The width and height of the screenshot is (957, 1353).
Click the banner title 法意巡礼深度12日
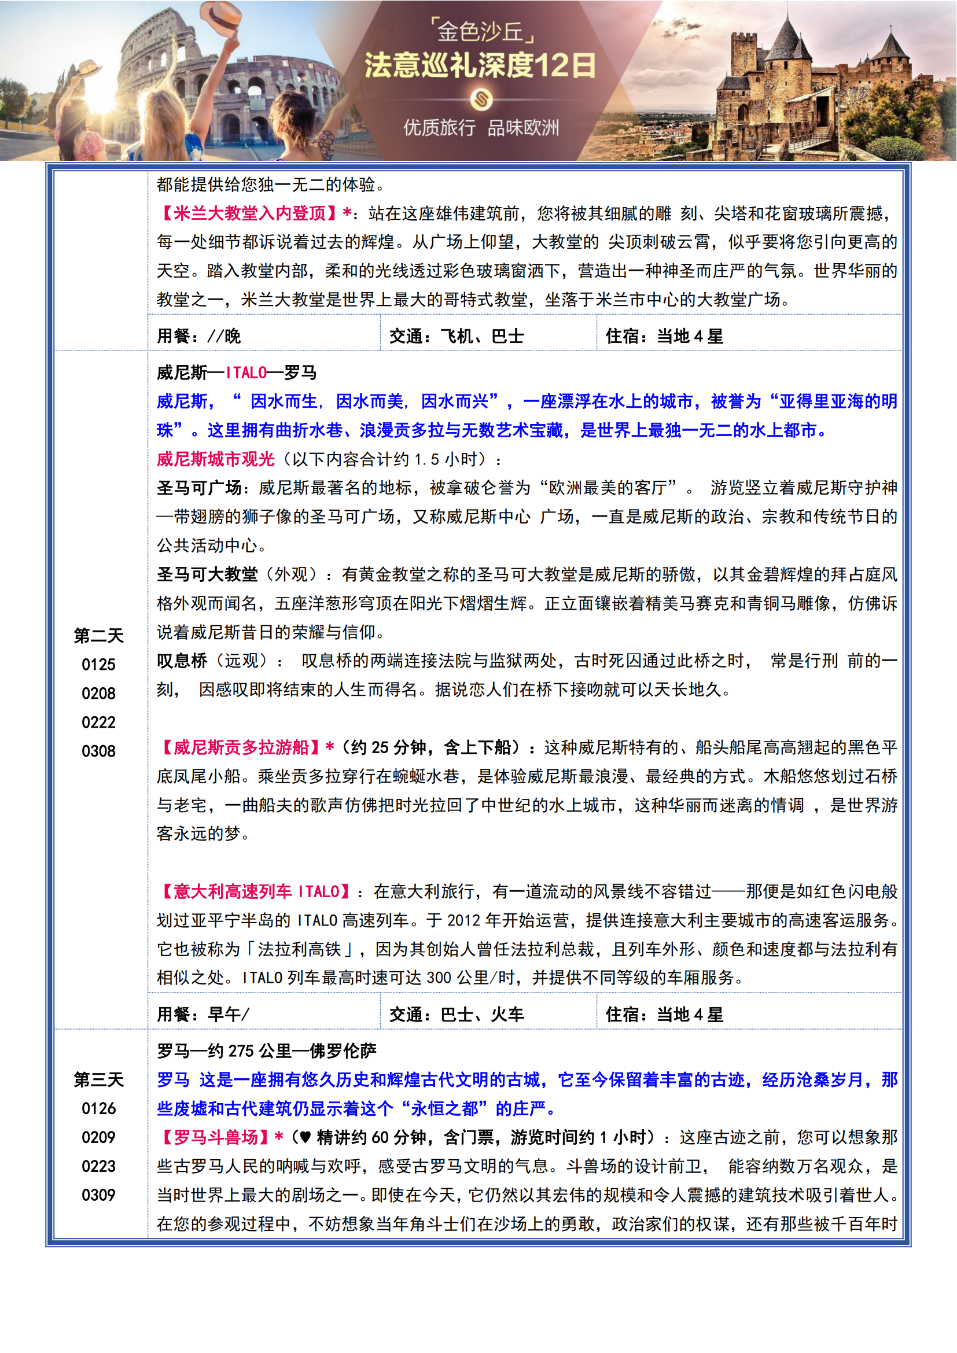480,65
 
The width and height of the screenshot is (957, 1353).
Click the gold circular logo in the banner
481,99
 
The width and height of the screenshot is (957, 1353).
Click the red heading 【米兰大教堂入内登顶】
250,213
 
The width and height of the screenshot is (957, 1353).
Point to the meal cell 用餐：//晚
198,337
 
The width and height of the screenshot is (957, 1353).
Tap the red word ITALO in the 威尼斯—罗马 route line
246,373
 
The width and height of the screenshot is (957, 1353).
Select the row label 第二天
98,635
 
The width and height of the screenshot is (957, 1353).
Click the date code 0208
98,694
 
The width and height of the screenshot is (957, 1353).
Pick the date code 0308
98,751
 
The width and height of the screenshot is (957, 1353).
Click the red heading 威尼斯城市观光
216,459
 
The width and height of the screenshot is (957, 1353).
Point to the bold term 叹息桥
182,661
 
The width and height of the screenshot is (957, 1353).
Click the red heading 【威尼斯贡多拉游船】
241,747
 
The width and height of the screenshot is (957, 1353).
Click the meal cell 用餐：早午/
203,1014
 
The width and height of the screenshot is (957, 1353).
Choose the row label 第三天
98,1079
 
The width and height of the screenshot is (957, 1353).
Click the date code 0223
98,1166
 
